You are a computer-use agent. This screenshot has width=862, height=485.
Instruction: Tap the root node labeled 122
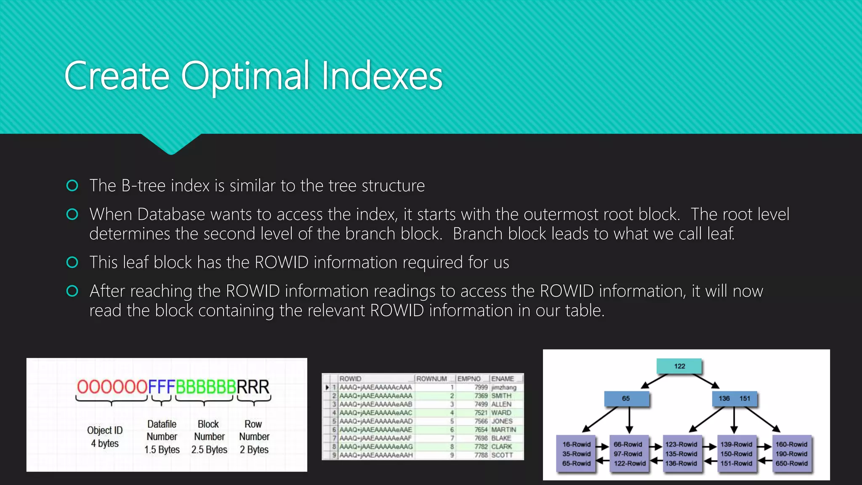(x=679, y=366)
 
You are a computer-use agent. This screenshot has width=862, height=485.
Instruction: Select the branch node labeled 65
(x=626, y=398)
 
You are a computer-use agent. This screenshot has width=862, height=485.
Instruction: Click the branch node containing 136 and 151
(x=734, y=398)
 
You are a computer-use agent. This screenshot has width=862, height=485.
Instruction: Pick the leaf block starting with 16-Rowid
(x=576, y=454)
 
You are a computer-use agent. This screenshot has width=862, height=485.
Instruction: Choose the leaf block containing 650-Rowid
(x=791, y=454)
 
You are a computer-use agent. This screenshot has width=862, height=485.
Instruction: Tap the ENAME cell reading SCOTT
(x=502, y=455)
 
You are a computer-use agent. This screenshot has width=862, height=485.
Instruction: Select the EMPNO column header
(x=469, y=378)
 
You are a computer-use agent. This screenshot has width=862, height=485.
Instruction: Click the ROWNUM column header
(x=431, y=378)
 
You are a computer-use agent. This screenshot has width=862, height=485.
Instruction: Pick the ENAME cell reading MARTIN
(x=503, y=429)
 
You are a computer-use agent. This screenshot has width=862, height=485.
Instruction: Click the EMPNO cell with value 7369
(x=481, y=396)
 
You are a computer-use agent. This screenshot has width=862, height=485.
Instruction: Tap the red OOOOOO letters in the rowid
(x=112, y=386)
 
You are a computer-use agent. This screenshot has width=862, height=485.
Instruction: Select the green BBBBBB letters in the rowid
(x=205, y=386)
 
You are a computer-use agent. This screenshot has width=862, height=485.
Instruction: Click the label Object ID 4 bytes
(x=105, y=437)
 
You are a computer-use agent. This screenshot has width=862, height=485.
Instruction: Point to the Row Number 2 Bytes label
(x=254, y=437)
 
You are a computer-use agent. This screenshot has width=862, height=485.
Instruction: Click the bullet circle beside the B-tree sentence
(x=72, y=186)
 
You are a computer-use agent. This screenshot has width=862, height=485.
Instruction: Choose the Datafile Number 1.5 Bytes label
(x=162, y=437)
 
